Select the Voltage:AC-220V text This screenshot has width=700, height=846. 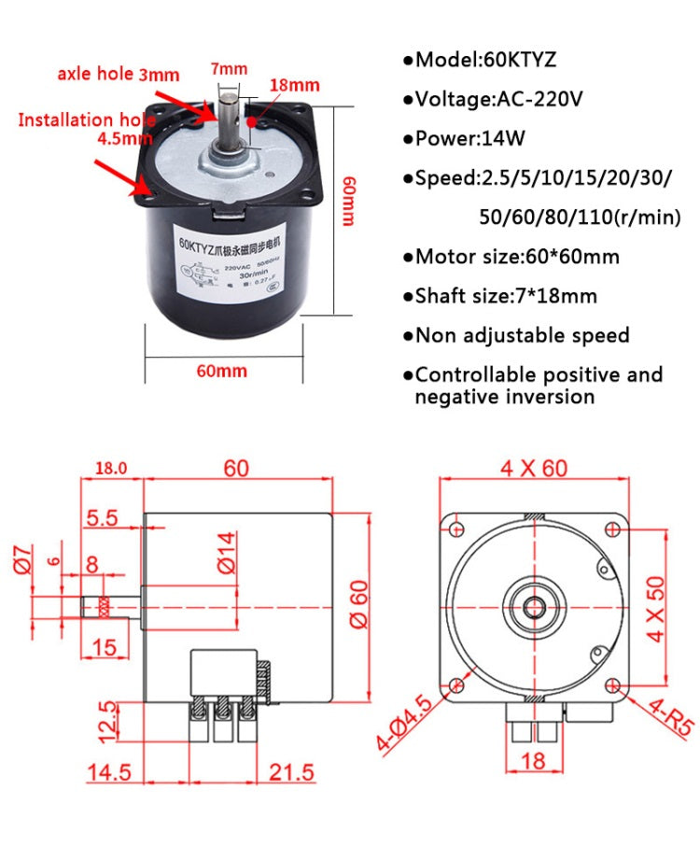pyautogui.click(x=495, y=99)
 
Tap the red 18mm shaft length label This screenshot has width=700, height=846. pyautogui.click(x=294, y=86)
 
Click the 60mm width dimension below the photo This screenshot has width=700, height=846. pyautogui.click(x=221, y=371)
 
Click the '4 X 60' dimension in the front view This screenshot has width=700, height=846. pyautogui.click(x=533, y=467)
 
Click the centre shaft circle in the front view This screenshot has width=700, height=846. pyautogui.click(x=533, y=606)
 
